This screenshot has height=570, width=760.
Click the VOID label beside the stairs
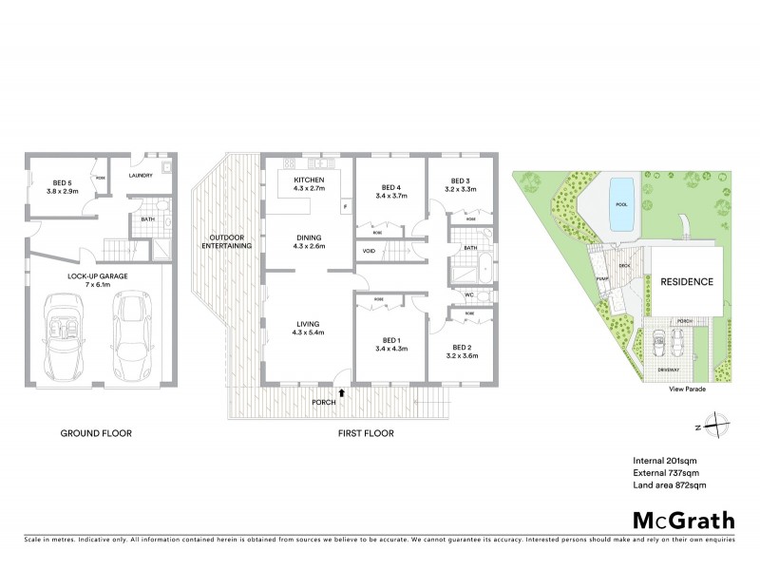coord(368,251)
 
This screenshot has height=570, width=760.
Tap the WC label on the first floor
coord(469,295)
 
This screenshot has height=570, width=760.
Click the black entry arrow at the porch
coord(341,390)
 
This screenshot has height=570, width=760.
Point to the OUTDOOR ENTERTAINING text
coord(228,241)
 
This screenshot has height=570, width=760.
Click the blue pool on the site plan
coord(622,202)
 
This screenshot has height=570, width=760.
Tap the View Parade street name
coord(690,389)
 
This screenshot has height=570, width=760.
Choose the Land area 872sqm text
coord(670,485)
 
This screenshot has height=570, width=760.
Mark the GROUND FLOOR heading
coord(96,433)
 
